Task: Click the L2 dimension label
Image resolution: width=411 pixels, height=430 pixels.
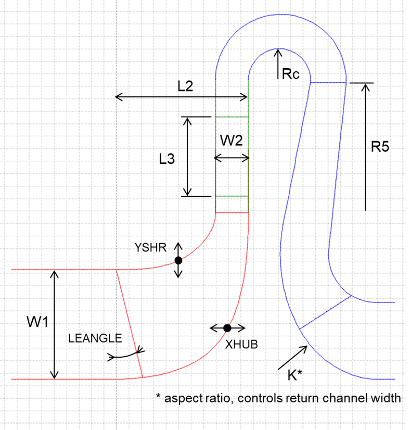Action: (x=185, y=86)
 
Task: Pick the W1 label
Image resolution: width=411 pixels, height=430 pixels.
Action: (x=37, y=323)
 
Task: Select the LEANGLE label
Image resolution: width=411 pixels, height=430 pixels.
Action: (x=95, y=338)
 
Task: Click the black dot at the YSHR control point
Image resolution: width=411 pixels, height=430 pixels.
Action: (x=178, y=260)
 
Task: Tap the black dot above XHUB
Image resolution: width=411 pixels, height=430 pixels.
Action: (x=227, y=327)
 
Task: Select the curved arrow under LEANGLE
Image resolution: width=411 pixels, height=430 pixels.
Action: (x=125, y=355)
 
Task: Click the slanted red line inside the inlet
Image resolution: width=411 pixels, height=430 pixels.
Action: (x=129, y=323)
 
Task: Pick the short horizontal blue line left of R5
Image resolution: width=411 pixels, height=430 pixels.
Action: (x=328, y=83)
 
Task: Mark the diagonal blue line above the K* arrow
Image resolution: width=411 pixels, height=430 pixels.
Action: (x=326, y=312)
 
